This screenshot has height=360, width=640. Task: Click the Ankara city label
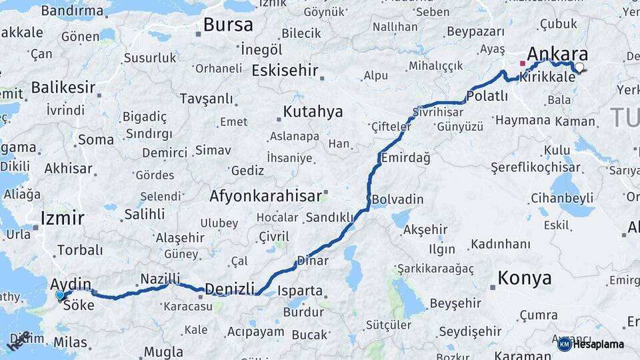[x=557, y=54]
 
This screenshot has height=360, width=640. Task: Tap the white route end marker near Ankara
[x=579, y=67]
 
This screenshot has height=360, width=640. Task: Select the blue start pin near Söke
[x=60, y=295]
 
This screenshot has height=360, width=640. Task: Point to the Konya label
[x=525, y=278]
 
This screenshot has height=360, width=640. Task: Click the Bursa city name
[x=228, y=25]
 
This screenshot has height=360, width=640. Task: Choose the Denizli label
[x=229, y=289]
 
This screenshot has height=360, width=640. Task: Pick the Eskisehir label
[x=285, y=71]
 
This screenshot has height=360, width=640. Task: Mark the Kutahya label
[x=313, y=111]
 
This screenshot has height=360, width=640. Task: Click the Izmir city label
[x=62, y=218]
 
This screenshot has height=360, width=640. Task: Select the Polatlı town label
[x=487, y=96]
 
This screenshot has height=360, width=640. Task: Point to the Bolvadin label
[x=397, y=199]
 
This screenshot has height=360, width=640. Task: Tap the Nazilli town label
[x=160, y=279]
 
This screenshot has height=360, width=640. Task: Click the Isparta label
[x=301, y=291]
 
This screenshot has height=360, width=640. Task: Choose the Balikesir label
[x=63, y=87]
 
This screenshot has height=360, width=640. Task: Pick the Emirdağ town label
[x=405, y=158]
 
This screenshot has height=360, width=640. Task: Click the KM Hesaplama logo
[x=591, y=344]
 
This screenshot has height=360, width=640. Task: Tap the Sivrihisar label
[x=437, y=111]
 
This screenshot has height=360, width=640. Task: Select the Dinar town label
[x=313, y=261]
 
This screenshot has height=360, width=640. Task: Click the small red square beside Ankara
[x=522, y=64]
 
